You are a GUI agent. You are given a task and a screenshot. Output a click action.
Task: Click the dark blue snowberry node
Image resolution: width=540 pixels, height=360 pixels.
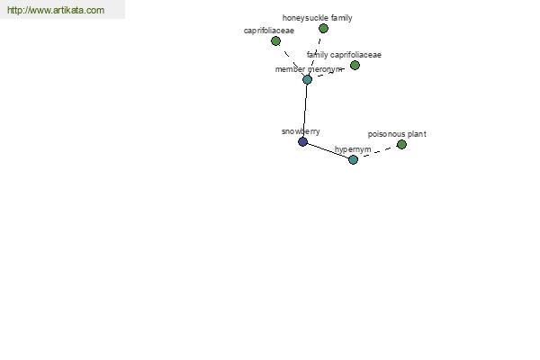click(x=302, y=141)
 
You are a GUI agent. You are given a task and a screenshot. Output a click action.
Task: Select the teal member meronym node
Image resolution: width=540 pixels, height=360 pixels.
click(x=307, y=80)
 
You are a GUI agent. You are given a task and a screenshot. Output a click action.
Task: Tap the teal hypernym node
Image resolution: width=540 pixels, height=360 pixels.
click(x=353, y=159)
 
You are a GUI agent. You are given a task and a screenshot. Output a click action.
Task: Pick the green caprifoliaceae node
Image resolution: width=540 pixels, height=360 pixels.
click(x=275, y=41)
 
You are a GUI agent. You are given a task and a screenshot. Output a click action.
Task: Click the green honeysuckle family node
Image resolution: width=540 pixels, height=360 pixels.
click(x=323, y=29)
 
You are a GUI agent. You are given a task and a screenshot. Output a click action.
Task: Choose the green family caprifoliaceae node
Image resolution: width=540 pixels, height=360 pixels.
click(x=355, y=65)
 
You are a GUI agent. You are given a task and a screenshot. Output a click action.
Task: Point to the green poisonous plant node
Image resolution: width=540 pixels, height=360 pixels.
click(x=401, y=144)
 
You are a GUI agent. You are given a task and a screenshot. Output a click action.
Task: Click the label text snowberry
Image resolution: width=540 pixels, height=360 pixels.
click(x=301, y=131)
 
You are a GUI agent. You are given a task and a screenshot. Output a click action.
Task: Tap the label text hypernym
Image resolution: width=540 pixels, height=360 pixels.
click(x=353, y=149)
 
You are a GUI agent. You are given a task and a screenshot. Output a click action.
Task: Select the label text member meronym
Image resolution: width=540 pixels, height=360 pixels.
click(x=309, y=69)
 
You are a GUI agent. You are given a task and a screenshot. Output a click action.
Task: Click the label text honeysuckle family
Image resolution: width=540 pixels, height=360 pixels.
click(x=317, y=18)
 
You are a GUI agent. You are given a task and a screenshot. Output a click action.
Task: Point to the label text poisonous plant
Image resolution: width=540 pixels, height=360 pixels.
click(x=397, y=134)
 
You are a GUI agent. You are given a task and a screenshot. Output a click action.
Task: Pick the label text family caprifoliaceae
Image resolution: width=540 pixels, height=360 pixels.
click(x=344, y=55)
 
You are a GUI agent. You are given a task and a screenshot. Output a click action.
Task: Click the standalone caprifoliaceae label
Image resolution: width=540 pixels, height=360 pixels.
click(x=268, y=31)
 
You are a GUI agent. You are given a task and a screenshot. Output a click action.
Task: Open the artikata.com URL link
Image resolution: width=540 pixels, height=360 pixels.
click(x=56, y=10)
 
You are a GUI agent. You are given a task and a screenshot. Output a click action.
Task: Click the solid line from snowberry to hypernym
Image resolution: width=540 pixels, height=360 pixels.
click(x=328, y=150)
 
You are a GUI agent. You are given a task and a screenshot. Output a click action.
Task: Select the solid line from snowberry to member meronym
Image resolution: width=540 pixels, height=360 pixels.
click(x=305, y=111)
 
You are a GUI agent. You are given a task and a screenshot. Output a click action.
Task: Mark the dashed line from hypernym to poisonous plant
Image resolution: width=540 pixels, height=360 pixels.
click(x=377, y=152)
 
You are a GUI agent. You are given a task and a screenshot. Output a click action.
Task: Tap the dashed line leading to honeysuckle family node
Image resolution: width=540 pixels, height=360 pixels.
click(x=315, y=54)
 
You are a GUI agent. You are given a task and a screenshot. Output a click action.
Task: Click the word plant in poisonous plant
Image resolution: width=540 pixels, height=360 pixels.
click(x=416, y=134)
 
